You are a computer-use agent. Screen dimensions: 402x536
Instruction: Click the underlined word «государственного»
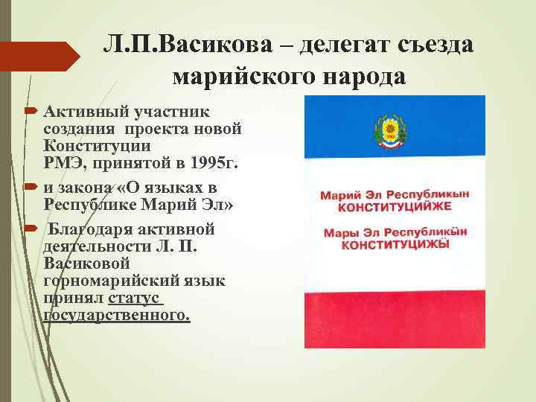pyautogui.click(x=118, y=315)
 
